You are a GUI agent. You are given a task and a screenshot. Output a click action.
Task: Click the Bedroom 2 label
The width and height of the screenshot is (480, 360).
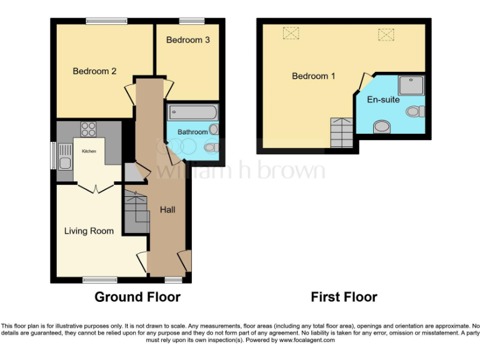tap(94, 71)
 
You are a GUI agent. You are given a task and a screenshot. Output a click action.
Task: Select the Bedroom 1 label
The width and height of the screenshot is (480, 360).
tap(314, 76)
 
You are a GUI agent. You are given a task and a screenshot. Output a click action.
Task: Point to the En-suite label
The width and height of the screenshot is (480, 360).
tap(383, 99)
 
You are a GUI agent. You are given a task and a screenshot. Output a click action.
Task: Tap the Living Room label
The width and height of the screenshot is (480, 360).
tap(89, 231)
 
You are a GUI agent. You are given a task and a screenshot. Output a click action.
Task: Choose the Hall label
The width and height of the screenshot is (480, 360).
tap(167, 210)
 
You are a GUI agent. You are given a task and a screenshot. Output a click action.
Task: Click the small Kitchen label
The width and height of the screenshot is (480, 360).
tap(89, 151)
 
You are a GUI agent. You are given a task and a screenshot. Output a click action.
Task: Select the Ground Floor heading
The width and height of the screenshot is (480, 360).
tap(137, 297)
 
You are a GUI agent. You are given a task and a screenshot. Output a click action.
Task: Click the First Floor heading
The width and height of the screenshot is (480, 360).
tap(344, 297)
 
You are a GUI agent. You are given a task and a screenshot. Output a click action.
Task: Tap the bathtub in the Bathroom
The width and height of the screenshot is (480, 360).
tap(192, 113)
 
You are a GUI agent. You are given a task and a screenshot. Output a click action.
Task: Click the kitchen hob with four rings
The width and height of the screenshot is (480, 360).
tap(88, 129)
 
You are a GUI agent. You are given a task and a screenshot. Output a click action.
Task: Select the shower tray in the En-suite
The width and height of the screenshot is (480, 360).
tap(411, 85)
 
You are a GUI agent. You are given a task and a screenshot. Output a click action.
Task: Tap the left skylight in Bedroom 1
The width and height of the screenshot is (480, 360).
tap(291, 32)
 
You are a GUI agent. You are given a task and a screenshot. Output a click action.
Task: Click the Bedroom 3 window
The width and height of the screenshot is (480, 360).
tap(191, 21)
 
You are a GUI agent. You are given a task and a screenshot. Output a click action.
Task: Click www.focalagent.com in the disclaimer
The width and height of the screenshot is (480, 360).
tap(307, 341)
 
